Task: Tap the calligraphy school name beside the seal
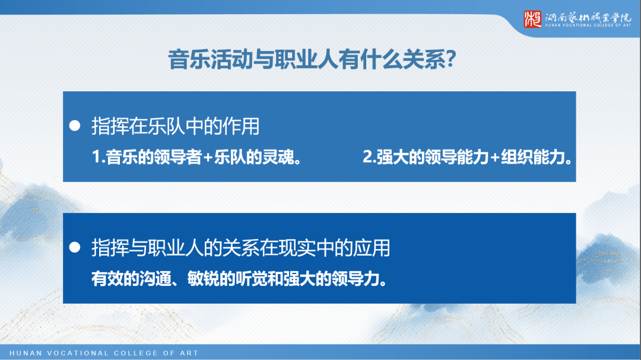(x=588, y=17)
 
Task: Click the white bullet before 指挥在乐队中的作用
(x=75, y=126)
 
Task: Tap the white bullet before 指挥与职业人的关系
(x=75, y=248)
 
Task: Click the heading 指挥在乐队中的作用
(x=176, y=126)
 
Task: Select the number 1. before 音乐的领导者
(x=99, y=158)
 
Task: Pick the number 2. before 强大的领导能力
(x=369, y=158)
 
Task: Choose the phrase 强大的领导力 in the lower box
(x=337, y=279)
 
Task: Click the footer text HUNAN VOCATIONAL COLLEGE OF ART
(x=104, y=353)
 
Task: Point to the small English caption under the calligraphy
(x=588, y=26)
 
